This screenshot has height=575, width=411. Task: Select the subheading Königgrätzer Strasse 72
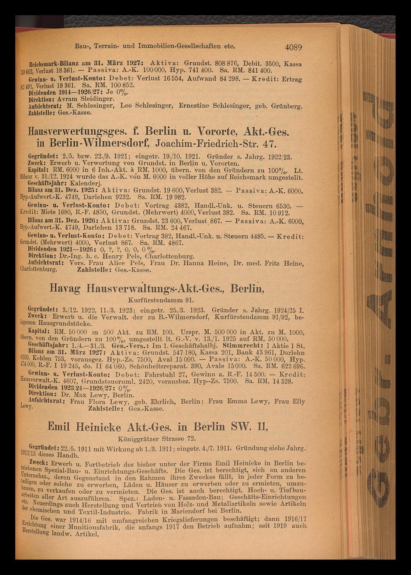[x=156, y=438]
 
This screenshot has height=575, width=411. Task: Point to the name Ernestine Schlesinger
[x=213, y=106]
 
